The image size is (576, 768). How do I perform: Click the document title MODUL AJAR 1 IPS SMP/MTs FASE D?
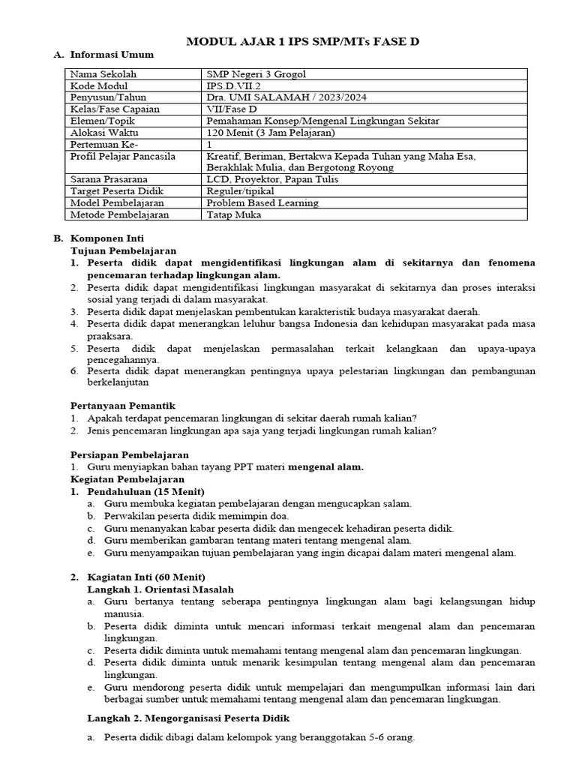[x=302, y=41]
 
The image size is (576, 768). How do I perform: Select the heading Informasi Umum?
[x=111, y=55]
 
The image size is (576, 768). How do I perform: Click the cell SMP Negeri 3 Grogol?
[x=256, y=74]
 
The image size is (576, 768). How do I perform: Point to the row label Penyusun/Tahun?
[x=108, y=97]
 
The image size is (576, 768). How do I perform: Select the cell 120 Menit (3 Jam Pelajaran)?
[x=270, y=133]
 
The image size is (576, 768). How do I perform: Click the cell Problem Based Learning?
[x=262, y=202]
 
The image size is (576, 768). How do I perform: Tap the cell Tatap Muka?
[x=234, y=214]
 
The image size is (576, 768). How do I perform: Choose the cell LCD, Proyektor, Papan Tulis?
[x=272, y=179]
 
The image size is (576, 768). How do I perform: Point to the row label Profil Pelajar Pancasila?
[x=122, y=156]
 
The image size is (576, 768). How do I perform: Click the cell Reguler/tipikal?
[x=241, y=191]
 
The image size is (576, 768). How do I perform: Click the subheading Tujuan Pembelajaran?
[x=124, y=250]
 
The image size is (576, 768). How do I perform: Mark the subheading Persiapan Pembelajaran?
[x=130, y=454]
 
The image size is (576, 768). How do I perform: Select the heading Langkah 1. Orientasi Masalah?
[x=160, y=589]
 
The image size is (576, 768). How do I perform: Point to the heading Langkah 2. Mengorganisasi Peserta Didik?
[x=188, y=718]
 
